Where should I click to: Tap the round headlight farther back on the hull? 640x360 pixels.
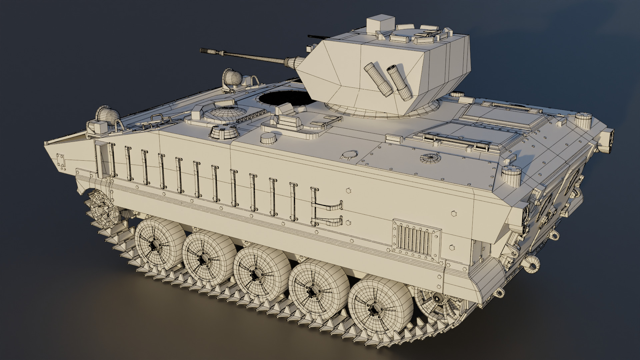coord(232,78)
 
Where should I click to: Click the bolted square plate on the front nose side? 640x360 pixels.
coord(61,162)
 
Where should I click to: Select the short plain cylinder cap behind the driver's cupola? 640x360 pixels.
coord(269,138)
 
